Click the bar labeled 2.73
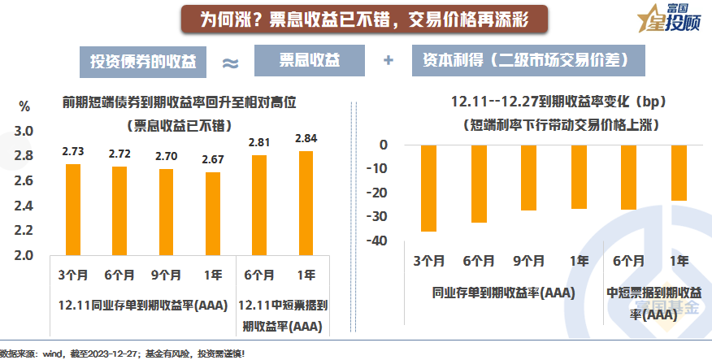click(x=73, y=210)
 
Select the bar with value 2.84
click(x=306, y=202)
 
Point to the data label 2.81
click(x=259, y=141)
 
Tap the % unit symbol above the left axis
click(x=24, y=106)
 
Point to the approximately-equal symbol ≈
click(x=230, y=63)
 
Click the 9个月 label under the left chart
click(x=166, y=275)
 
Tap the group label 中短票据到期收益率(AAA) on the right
click(x=653, y=301)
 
